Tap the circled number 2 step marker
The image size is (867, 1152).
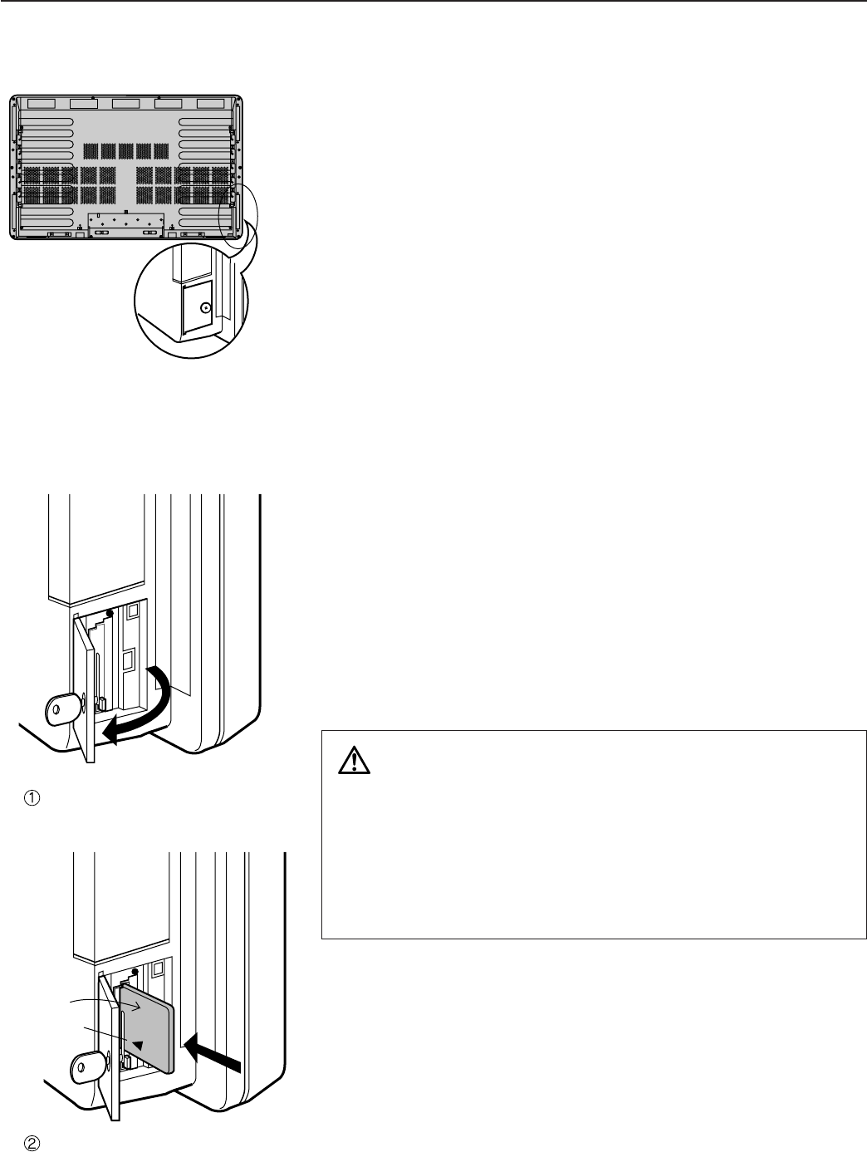click(31, 1143)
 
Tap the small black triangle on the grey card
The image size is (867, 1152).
click(138, 1042)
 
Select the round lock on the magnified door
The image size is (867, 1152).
click(205, 307)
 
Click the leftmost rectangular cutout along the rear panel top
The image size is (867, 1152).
click(40, 105)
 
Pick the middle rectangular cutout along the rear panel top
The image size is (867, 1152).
click(125, 105)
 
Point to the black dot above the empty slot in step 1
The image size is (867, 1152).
click(110, 613)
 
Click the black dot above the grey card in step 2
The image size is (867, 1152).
click(135, 972)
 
